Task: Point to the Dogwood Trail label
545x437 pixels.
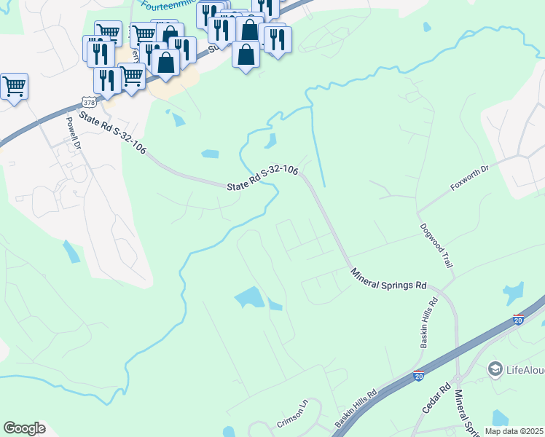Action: click(436, 245)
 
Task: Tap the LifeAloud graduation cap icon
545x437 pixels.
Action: click(496, 369)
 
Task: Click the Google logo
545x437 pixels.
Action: click(24, 428)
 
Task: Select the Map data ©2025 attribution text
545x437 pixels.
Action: click(514, 431)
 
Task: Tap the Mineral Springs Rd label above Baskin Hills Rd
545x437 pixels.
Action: click(388, 279)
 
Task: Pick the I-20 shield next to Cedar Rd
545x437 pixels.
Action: click(419, 375)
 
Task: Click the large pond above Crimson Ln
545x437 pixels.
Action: click(250, 297)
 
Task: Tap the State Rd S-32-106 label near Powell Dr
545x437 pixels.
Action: click(112, 135)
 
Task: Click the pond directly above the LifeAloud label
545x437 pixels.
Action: click(513, 294)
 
